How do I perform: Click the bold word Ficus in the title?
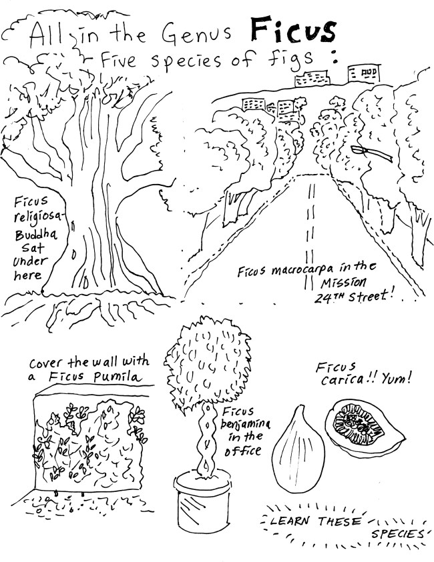[x=293, y=29]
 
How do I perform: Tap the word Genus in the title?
[x=196, y=34]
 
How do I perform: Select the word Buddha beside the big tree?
[x=36, y=235]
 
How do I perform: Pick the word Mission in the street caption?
[x=343, y=283]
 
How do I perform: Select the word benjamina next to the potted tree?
[x=246, y=424]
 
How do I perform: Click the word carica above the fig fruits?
[x=342, y=379]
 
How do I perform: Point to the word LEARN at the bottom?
[x=290, y=521]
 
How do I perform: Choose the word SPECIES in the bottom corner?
[x=397, y=535]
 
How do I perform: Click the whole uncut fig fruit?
[x=298, y=452]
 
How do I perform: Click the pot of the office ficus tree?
[x=202, y=501]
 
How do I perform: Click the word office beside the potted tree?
[x=242, y=451]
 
